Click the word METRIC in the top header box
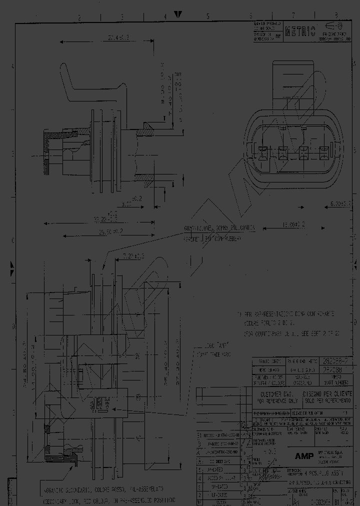click(300, 33)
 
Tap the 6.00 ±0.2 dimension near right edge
click(341, 204)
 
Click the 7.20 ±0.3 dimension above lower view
click(129, 256)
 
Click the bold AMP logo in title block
click(301, 456)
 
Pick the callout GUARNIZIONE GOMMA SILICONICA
click(218, 228)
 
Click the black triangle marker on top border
click(178, 15)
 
